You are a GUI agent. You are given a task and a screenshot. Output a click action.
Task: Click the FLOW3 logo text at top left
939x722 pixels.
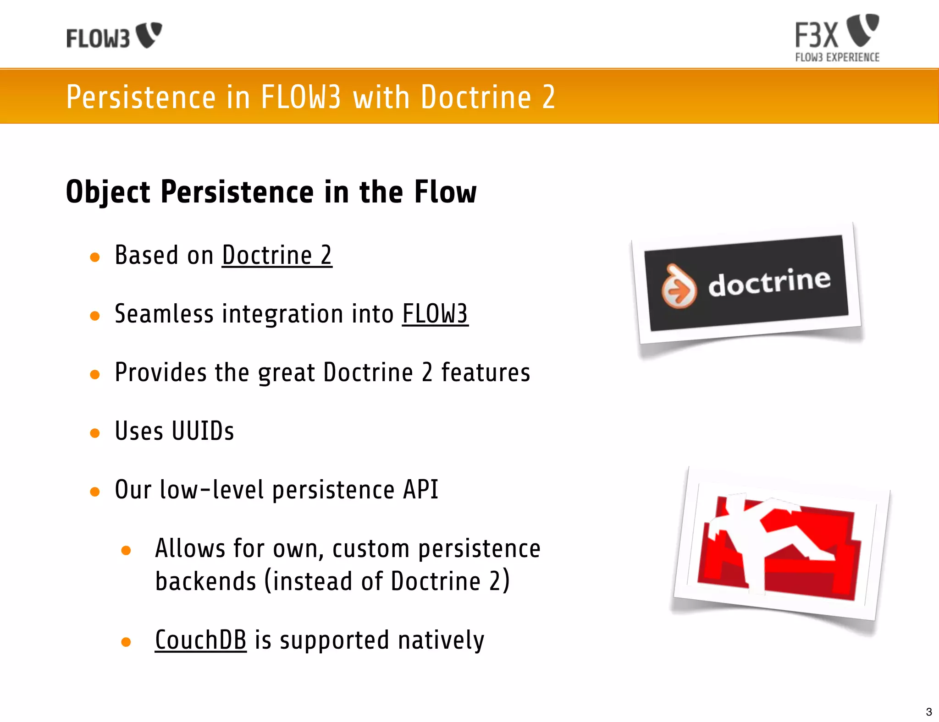point(98,38)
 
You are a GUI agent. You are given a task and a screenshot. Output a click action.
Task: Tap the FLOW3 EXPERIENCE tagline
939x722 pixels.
point(837,58)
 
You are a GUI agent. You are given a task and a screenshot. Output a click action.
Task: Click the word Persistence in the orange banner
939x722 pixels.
point(141,97)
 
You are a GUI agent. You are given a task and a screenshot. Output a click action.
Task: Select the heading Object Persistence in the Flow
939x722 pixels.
point(271,191)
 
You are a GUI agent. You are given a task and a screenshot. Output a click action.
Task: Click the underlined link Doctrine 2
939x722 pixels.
point(277,255)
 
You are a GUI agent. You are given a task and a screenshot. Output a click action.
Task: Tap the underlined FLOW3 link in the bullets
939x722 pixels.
point(435,314)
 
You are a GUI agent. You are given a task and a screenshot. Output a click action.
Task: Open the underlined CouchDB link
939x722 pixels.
point(200,640)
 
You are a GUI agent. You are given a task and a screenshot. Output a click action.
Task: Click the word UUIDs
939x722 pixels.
point(203,431)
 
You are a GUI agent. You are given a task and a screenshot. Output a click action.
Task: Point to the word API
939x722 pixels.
point(420,490)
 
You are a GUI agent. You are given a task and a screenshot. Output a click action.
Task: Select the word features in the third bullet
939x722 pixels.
point(485,372)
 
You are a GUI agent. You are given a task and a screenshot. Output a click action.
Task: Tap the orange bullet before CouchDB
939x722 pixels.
point(126,642)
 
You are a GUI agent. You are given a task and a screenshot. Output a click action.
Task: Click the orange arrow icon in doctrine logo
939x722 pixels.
point(679,288)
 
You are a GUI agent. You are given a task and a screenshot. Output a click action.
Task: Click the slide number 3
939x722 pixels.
point(928,712)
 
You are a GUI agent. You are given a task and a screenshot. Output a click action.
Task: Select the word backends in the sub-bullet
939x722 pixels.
point(205,581)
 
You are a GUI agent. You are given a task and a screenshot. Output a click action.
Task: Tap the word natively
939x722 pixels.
point(441,640)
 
